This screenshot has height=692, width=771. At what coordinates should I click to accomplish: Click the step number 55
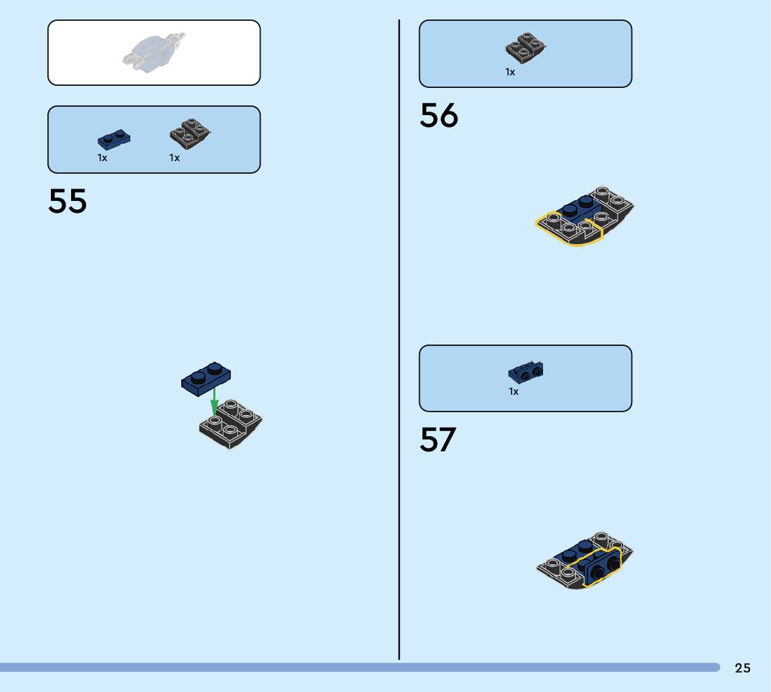(x=68, y=201)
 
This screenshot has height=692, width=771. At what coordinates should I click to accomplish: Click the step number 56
(x=438, y=116)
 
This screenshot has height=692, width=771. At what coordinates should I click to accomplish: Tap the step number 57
(x=438, y=439)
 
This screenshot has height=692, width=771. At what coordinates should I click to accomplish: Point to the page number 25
(x=742, y=668)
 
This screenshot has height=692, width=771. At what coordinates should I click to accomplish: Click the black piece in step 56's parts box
(x=525, y=48)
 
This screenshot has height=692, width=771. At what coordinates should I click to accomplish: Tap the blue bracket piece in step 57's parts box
(x=526, y=372)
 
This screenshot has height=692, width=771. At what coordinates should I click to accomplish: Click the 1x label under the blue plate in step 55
(x=102, y=158)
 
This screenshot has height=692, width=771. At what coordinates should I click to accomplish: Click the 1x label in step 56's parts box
(x=510, y=72)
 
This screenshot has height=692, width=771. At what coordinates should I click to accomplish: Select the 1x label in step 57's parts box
(x=514, y=392)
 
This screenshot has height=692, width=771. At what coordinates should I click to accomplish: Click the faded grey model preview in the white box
(x=154, y=52)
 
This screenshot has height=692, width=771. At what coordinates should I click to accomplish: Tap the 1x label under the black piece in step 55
(x=174, y=158)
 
